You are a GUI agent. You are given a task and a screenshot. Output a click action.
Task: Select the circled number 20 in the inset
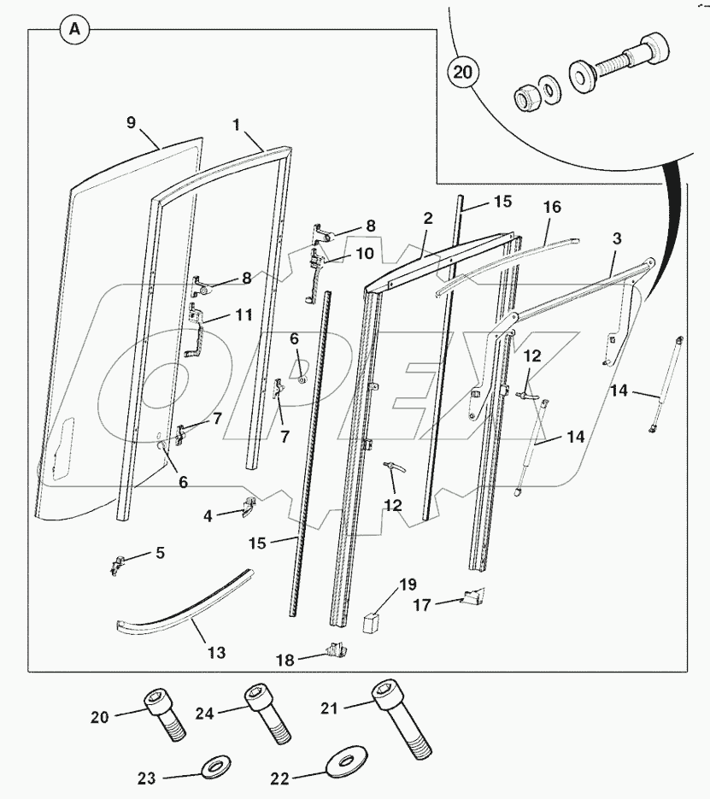(462, 73)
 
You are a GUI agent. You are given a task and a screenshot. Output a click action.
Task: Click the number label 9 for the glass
(132, 122)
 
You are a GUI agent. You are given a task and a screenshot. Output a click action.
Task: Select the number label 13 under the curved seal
(216, 653)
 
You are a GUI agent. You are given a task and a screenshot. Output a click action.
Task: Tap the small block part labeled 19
(372, 620)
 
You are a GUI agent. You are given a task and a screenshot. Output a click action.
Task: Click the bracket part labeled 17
(471, 596)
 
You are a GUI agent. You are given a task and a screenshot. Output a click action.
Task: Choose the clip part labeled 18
(337, 653)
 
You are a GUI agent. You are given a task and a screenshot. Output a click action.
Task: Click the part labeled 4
(246, 508)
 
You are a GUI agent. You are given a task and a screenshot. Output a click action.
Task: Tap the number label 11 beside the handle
(244, 314)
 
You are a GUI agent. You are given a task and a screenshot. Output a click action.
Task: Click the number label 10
(365, 254)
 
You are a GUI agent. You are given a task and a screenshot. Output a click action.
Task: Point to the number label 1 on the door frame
(236, 124)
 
